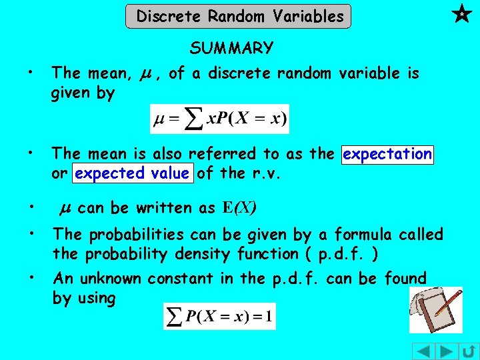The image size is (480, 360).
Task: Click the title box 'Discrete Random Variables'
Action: point(239,16)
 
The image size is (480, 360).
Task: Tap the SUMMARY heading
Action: point(231,48)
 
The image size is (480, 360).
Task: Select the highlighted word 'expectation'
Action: point(387,154)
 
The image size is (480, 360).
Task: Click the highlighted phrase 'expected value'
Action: point(132,173)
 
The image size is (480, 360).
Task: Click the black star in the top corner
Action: point(460,13)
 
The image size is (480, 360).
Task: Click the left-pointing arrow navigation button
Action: point(423,351)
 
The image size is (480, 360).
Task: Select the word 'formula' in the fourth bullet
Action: point(358,235)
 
